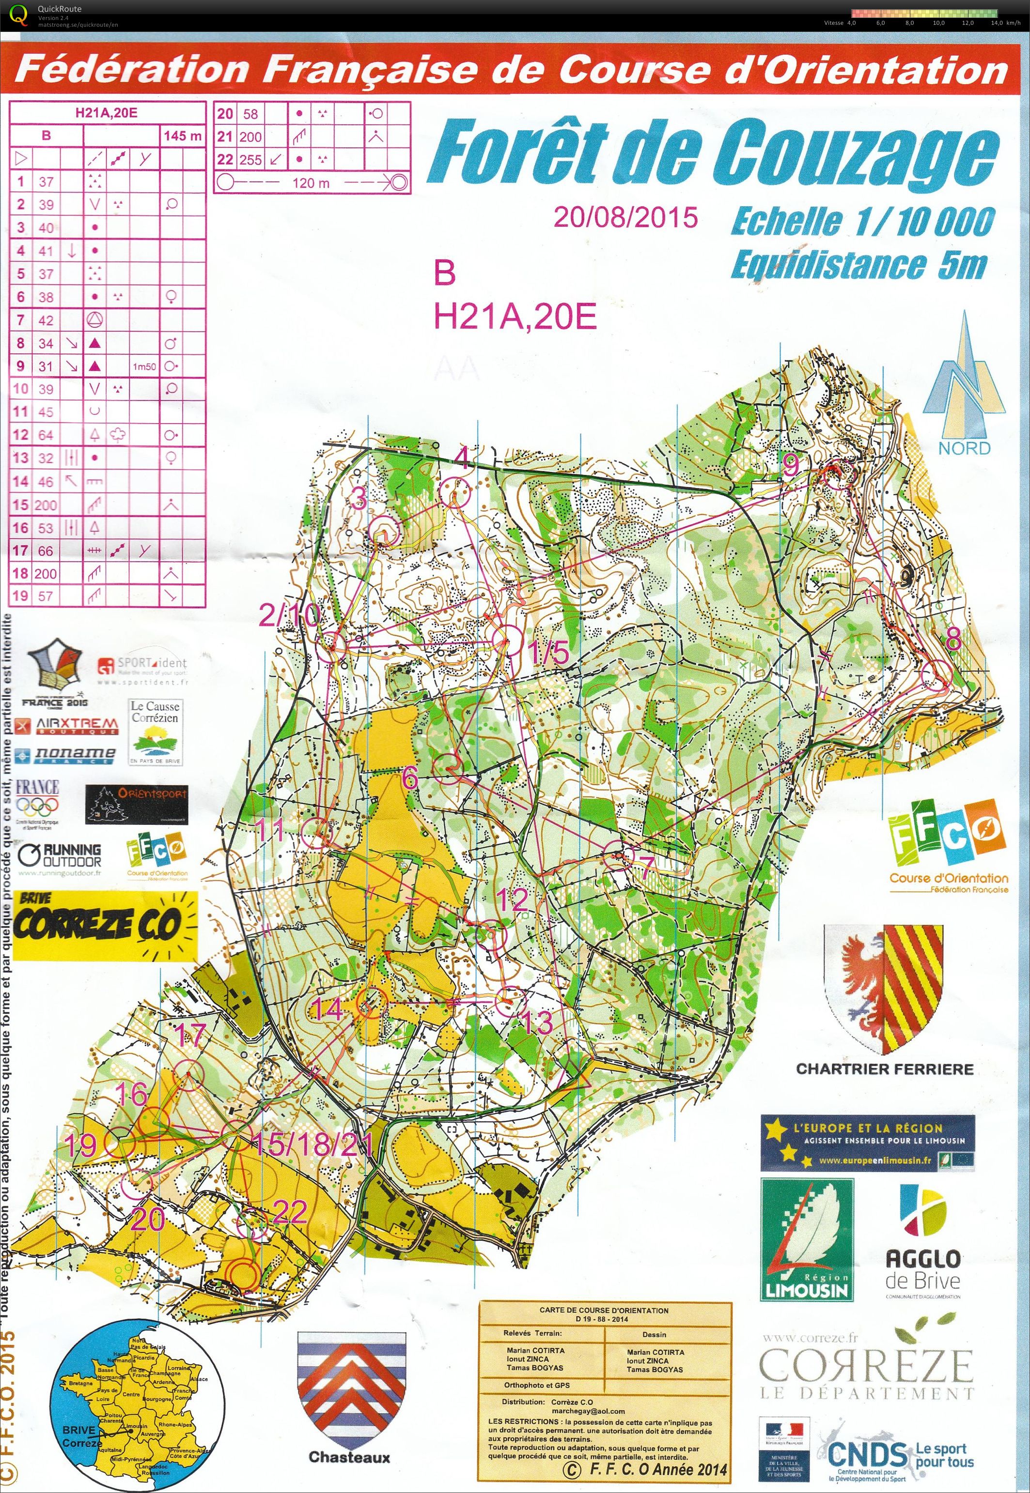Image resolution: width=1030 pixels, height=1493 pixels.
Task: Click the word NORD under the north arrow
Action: tap(964, 448)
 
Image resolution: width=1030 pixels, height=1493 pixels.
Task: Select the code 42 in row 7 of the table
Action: tap(46, 320)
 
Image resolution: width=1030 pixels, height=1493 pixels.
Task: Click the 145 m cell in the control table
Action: tap(183, 136)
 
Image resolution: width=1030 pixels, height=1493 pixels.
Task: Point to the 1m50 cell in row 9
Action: tap(144, 366)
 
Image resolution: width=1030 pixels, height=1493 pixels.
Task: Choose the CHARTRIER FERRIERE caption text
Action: tap(884, 1068)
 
